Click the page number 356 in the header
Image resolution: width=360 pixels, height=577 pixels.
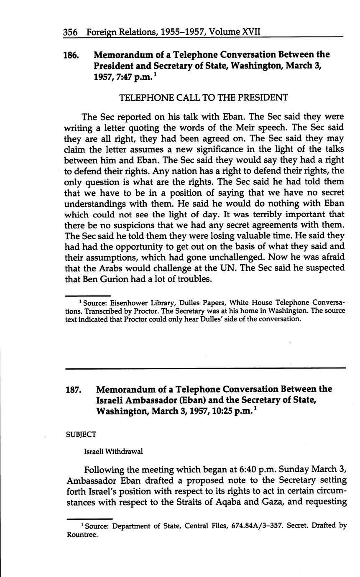pyautogui.click(x=70, y=32)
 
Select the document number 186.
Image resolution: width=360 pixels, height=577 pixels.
pyautogui.click(x=71, y=55)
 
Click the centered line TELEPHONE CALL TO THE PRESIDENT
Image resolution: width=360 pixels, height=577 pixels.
pyautogui.click(x=204, y=97)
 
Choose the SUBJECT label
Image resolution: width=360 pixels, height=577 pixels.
pyautogui.click(x=81, y=434)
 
